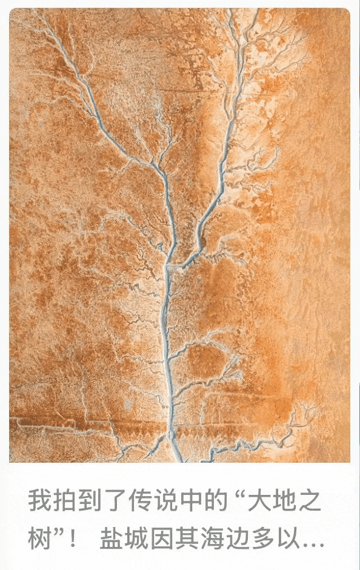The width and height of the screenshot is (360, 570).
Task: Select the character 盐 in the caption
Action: tap(112, 539)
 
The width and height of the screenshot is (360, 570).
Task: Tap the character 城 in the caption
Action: tap(136, 539)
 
